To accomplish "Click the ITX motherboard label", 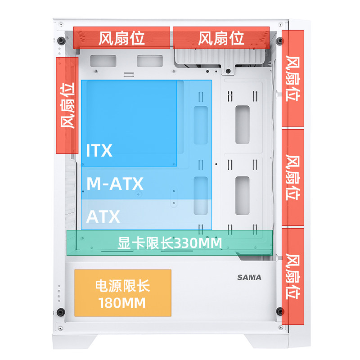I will (x=99, y=150).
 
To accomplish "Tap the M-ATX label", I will (x=115, y=184).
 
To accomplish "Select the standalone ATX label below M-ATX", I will (x=103, y=217).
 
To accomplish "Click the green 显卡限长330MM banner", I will (x=170, y=243).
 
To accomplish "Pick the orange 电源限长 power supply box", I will (x=122, y=293).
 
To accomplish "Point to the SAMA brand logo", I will (x=249, y=277).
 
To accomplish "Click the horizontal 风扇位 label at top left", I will (x=121, y=38).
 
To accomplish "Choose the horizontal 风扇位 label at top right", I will (x=221, y=38).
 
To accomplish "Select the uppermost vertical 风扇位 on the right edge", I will (x=293, y=78).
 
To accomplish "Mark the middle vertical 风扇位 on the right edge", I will (x=293, y=178).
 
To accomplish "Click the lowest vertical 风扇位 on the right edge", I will (x=293, y=276).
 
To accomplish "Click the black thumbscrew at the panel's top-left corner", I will (x=60, y=41).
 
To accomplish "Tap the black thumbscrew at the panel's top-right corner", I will (x=280, y=41).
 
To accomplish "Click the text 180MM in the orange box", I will (x=122, y=303).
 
